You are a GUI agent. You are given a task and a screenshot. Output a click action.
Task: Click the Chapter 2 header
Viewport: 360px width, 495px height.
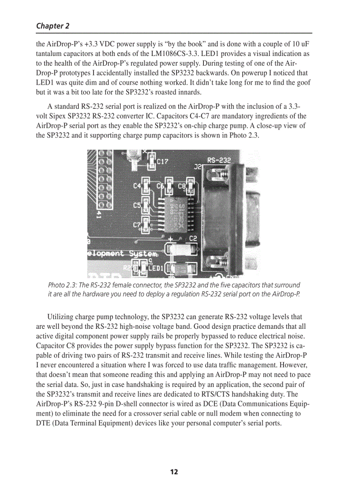52,26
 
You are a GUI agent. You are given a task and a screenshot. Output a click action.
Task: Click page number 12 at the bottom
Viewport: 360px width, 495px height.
174,472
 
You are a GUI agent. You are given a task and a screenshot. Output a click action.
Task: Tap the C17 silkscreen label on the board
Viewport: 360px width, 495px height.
162,162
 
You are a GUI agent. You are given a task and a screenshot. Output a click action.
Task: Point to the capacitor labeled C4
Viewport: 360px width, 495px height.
145,186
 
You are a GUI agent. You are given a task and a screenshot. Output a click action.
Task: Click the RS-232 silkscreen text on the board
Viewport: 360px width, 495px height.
219,161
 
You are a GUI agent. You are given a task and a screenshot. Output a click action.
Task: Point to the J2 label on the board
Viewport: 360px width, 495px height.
198,167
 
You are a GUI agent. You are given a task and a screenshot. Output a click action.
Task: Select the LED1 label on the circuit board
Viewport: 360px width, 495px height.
156,268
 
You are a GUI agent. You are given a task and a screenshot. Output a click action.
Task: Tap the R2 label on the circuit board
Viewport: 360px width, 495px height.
127,268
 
